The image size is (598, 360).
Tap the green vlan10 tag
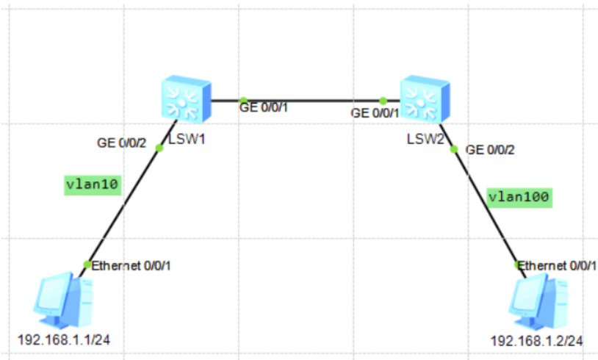pos(92,184)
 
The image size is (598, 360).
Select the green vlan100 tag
pos(519,197)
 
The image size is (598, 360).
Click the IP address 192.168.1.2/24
pos(537,342)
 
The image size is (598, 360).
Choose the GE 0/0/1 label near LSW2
pos(375,113)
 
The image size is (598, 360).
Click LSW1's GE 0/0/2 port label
pos(122,143)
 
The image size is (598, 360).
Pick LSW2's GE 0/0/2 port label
pos(490,150)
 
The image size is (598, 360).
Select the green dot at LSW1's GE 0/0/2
pos(159,148)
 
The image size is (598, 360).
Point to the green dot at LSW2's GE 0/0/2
pos(454,149)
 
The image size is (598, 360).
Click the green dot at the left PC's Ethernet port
pos(87,264)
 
